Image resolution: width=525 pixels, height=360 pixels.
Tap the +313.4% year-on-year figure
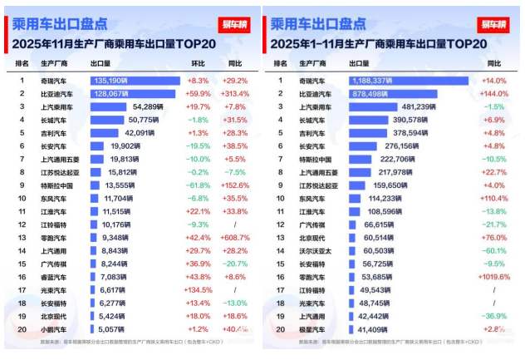point(235,94)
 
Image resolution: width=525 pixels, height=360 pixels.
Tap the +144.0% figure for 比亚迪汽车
point(494,94)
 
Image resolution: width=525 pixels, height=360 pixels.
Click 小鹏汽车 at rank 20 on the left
point(55,329)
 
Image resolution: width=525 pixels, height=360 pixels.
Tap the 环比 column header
point(198,63)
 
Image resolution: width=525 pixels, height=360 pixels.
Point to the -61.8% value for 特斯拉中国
point(198,185)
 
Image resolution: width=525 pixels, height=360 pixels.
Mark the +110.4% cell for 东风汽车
point(493,199)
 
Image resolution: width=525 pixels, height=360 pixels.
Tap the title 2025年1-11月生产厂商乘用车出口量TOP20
point(381,42)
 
